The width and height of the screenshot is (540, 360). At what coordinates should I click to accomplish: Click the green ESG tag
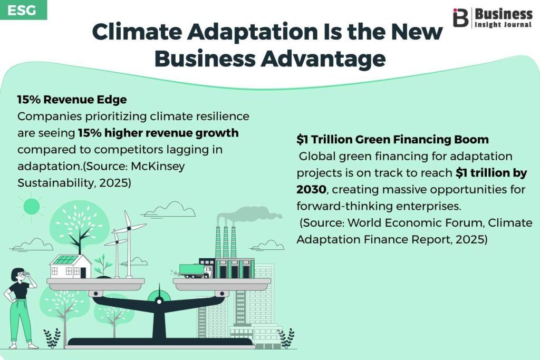click(23, 9)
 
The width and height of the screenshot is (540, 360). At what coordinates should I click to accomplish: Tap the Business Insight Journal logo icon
click(460, 17)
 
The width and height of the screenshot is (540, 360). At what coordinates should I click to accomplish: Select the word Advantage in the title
click(323, 59)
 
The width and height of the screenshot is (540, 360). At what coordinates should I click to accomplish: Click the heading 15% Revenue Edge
click(72, 100)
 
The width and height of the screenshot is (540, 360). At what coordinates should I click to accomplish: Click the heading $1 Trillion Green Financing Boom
click(392, 139)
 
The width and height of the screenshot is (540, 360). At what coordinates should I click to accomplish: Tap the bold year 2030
click(311, 189)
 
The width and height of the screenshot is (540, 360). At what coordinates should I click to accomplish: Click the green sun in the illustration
click(31, 207)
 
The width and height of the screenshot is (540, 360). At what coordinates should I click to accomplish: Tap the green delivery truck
click(196, 270)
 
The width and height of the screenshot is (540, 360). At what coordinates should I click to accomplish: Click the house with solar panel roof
click(71, 266)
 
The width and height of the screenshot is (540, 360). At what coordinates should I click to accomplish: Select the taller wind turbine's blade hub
click(129, 228)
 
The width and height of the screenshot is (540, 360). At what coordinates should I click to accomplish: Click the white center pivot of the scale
click(159, 301)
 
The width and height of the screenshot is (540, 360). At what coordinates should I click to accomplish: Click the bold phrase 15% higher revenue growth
click(158, 133)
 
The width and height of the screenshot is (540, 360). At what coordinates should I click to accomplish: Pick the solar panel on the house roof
click(66, 259)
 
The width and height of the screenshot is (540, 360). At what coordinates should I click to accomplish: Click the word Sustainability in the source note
click(55, 183)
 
